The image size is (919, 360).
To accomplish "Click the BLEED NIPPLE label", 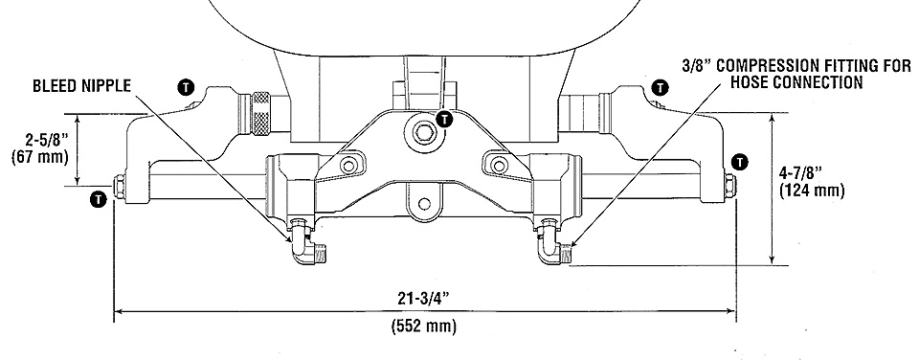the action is [80, 86].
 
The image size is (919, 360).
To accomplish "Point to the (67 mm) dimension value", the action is [40, 157].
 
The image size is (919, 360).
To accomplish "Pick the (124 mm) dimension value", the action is [812, 191].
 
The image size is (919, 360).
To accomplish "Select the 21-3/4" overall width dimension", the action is [424, 298].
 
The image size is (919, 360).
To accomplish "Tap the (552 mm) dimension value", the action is [424, 326].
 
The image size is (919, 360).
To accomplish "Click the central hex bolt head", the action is [422, 131].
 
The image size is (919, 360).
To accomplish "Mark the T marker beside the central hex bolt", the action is [445, 120].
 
